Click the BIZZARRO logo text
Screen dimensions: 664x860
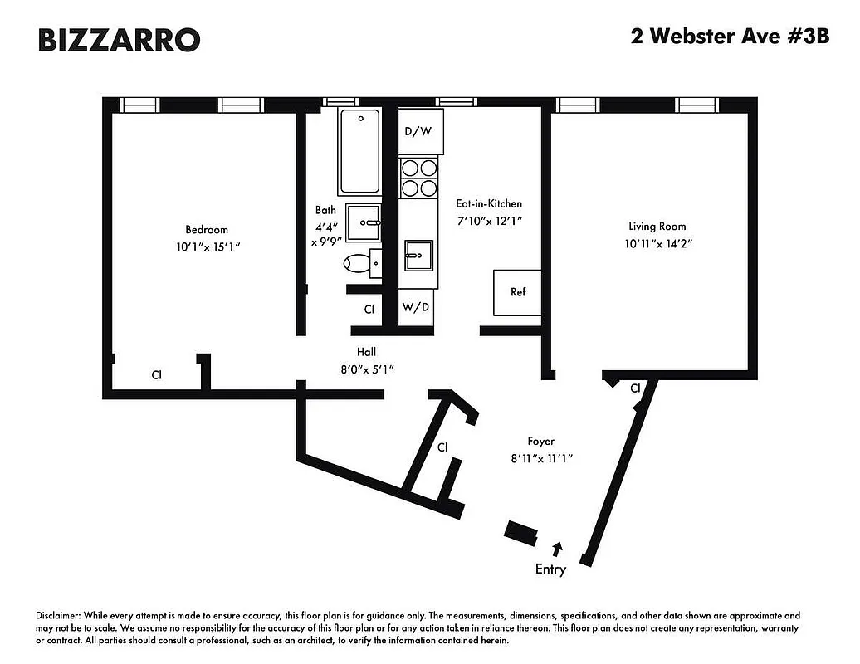(x=119, y=39)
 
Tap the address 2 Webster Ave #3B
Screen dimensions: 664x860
(x=730, y=37)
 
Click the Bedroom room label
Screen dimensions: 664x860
(x=206, y=229)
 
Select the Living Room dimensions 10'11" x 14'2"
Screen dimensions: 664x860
(x=657, y=244)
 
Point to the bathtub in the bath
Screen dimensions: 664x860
(x=359, y=152)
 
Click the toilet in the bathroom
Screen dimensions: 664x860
(x=358, y=263)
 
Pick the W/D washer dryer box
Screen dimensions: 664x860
(x=416, y=308)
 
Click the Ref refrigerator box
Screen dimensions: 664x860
(x=517, y=292)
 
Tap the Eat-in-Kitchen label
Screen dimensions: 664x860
(x=489, y=203)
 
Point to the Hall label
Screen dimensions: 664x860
(x=367, y=352)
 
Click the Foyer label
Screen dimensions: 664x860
(x=540, y=442)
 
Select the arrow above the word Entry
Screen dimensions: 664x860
(x=557, y=548)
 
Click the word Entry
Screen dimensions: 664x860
(x=550, y=569)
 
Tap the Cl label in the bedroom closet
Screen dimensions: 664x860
(x=156, y=375)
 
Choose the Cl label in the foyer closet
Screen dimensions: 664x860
(x=442, y=447)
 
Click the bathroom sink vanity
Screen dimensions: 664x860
(x=363, y=222)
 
